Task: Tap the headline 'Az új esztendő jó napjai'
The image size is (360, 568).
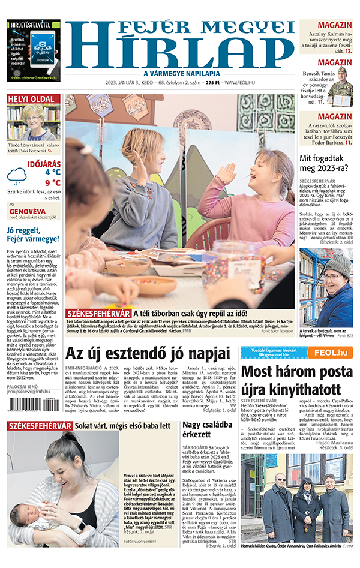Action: [148, 351]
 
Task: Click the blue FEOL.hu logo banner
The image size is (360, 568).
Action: [329, 353]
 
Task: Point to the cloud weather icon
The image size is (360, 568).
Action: [17, 175]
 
